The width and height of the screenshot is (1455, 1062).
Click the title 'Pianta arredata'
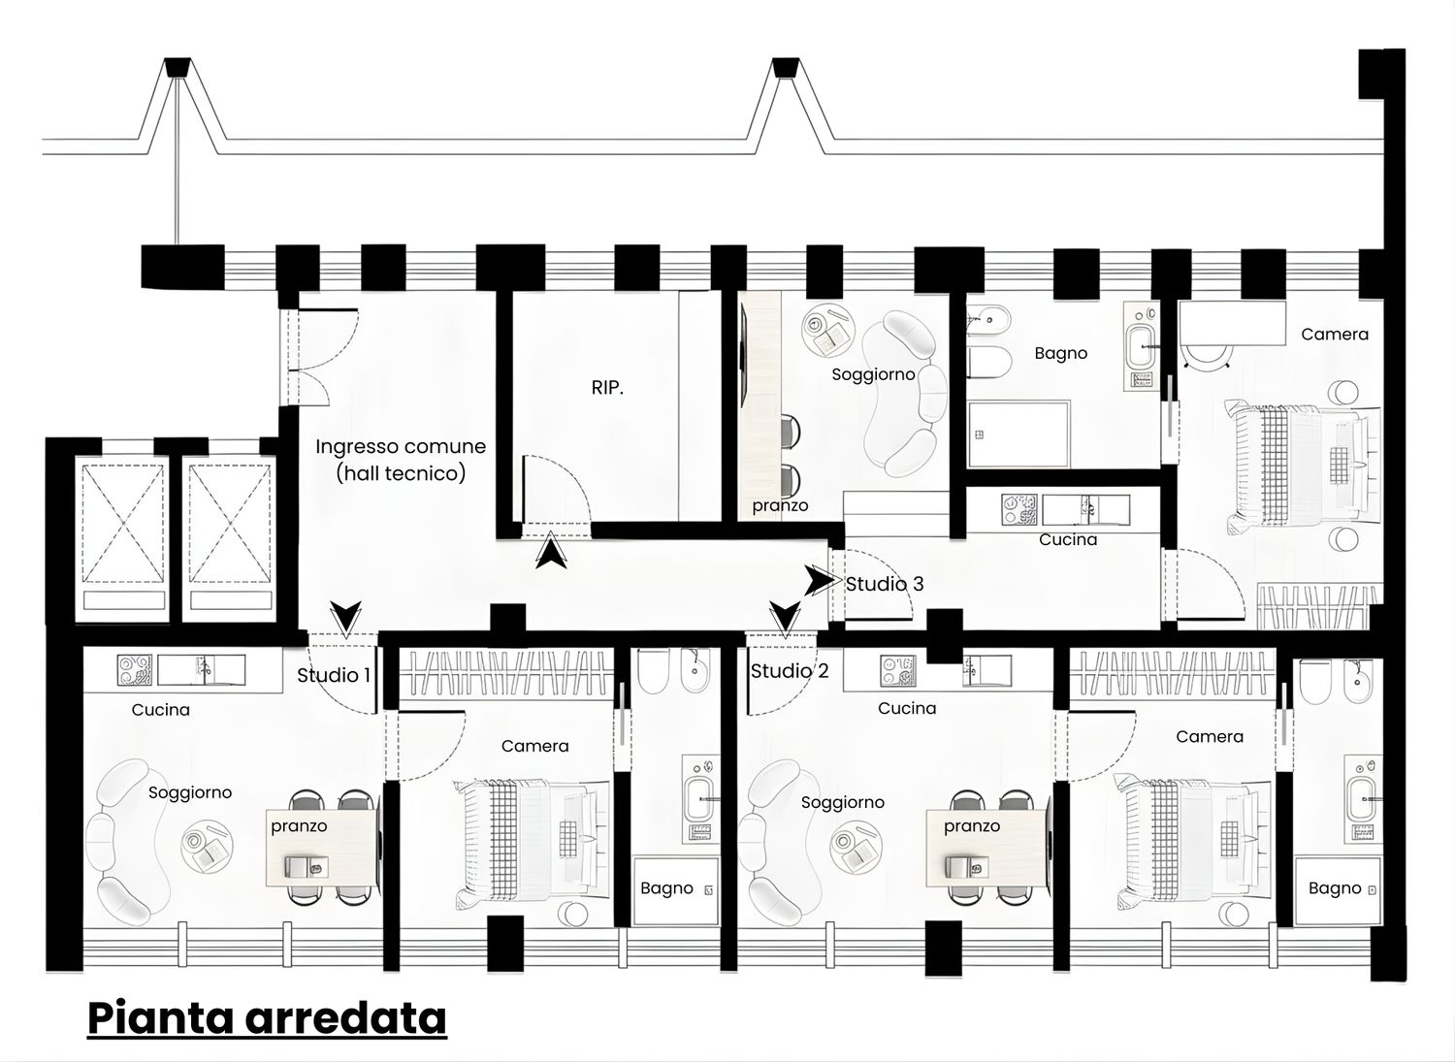coord(267,1017)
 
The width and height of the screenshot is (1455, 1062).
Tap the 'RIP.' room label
coord(607,388)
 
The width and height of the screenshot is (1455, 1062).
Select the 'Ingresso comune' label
coord(401,446)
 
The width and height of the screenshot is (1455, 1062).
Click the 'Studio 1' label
coord(334,676)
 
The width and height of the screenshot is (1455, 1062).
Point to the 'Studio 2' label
coord(790,671)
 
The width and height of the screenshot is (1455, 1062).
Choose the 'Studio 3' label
coord(885,584)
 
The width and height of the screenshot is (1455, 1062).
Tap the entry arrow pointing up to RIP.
coord(551,550)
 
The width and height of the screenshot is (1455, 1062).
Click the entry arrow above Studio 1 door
coord(345,618)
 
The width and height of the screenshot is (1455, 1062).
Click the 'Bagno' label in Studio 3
coord(1061,353)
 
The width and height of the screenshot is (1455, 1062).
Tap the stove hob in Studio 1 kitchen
coord(135,670)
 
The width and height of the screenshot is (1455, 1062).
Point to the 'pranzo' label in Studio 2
coord(972,826)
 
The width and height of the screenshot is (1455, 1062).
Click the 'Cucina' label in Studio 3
coord(1068,539)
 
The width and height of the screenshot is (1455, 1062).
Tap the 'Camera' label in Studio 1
coord(535,746)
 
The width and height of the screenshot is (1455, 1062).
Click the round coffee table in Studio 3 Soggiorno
coord(827,330)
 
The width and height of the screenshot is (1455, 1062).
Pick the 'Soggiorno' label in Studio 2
coord(843,803)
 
